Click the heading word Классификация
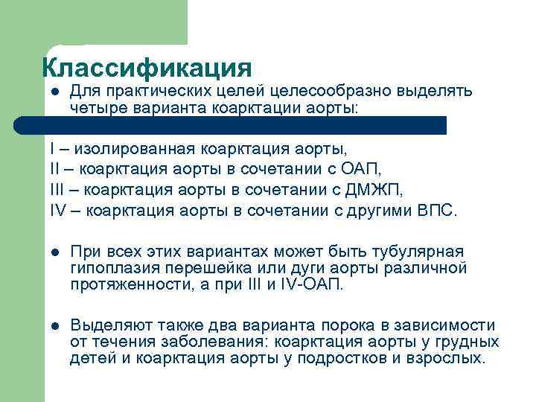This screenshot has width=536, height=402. coord(147,68)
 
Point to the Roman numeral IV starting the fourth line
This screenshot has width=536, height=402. coord(58,210)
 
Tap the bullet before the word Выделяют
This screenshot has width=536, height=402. coord(54,325)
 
